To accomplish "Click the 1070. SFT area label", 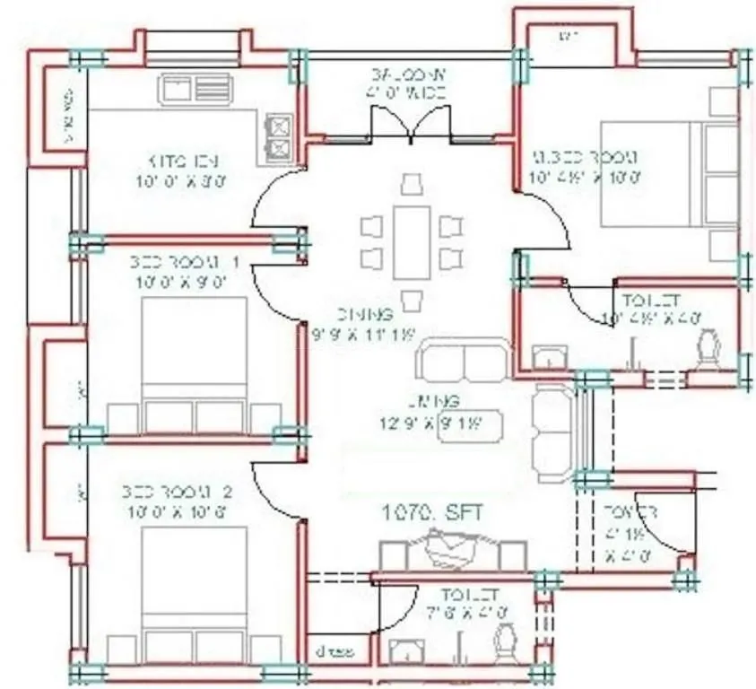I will point(433,513).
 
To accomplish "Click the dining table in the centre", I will point(412,241).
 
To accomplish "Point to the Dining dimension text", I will point(375,334).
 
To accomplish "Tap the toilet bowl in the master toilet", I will point(710,347).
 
